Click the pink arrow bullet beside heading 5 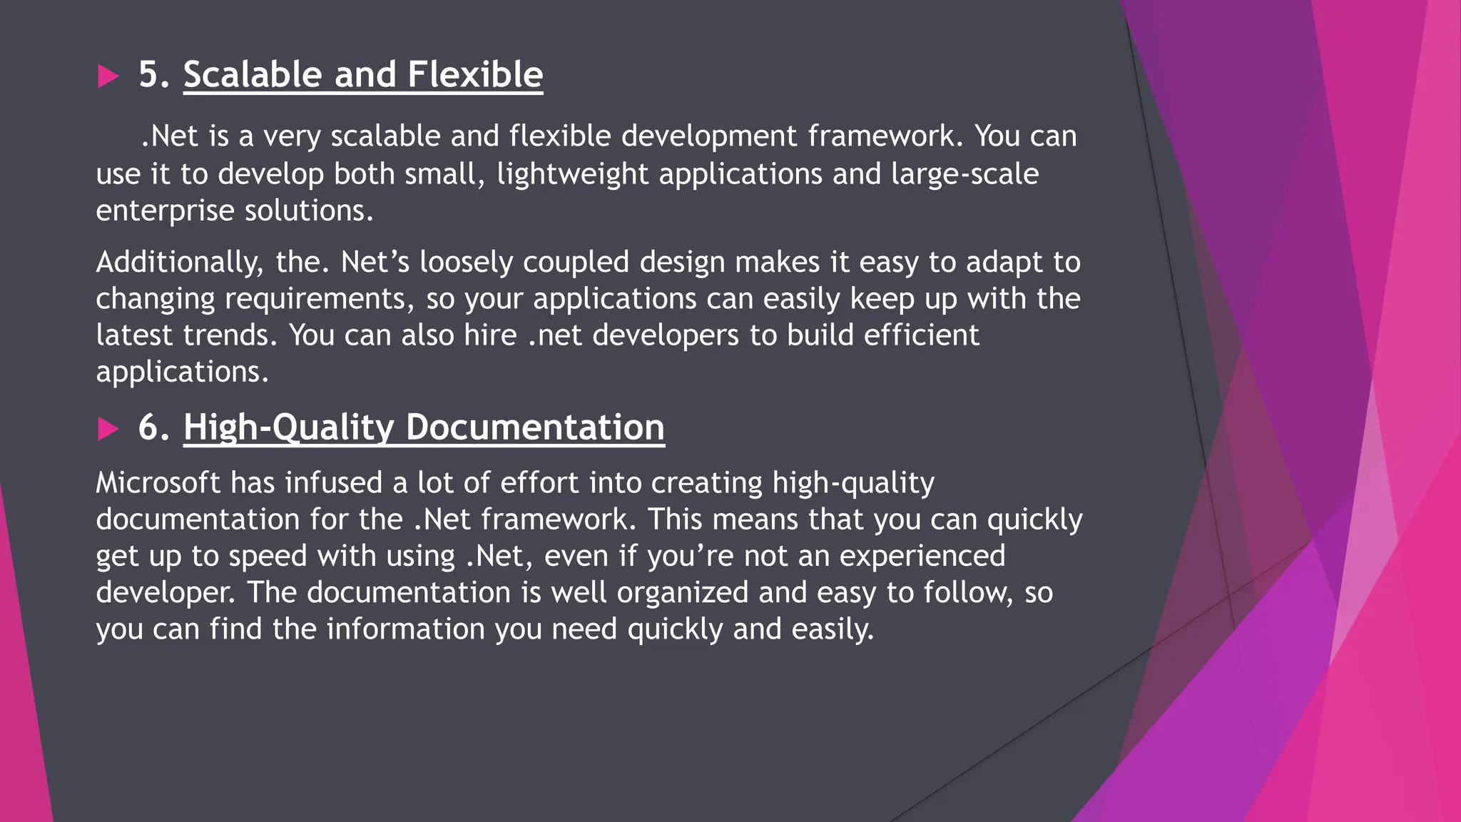(x=108, y=76)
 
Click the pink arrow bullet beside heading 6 (x=108, y=429)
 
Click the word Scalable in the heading (x=253, y=74)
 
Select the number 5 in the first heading (x=148, y=74)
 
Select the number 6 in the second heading (x=148, y=427)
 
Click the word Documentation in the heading (x=535, y=427)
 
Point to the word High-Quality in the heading (x=289, y=428)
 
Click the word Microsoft (x=158, y=483)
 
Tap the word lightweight (x=572, y=174)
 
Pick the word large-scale (x=964, y=174)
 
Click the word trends (x=230, y=335)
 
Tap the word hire (x=490, y=335)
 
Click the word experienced (x=922, y=556)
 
